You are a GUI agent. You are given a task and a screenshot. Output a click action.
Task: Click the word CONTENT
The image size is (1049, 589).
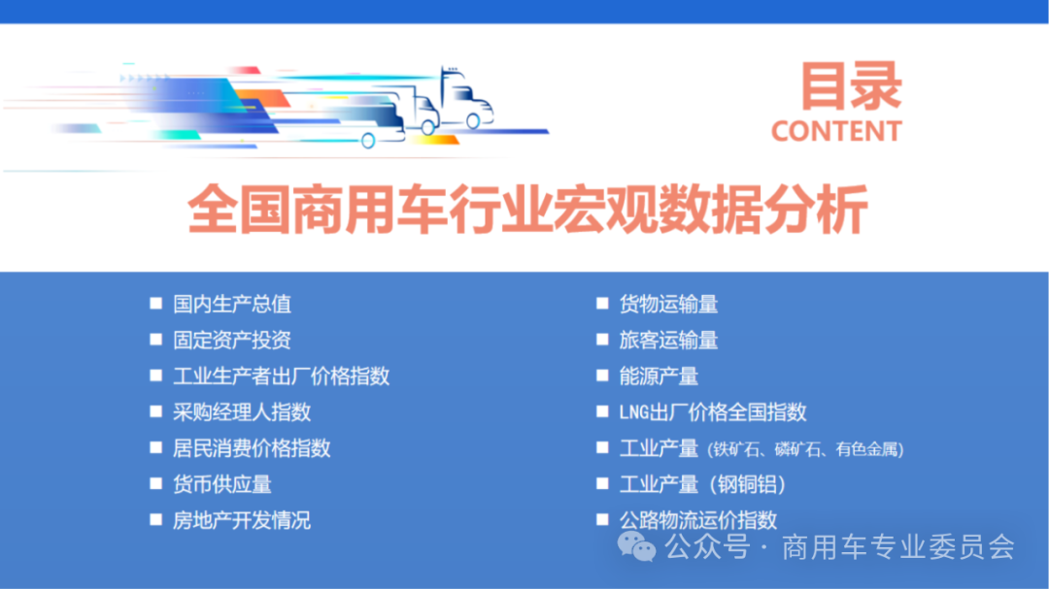836,131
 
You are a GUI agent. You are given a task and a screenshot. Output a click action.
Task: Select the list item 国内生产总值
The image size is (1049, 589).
232,304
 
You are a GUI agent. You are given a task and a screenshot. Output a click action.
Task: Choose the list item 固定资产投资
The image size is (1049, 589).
232,340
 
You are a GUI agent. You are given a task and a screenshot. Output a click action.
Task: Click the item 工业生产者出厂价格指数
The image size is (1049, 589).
281,376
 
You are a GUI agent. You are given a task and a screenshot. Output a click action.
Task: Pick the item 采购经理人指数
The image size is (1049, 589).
242,411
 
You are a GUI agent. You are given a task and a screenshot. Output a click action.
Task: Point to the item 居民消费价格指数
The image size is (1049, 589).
252,447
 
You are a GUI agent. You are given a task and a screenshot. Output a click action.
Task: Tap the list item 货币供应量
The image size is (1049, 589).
222,483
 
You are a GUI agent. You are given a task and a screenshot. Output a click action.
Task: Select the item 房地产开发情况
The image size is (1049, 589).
242,519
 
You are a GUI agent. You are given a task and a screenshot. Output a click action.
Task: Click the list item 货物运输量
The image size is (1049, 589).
668,304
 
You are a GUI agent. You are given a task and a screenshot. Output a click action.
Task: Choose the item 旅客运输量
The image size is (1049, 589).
668,340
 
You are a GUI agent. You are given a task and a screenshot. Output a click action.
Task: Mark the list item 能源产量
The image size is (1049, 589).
659,376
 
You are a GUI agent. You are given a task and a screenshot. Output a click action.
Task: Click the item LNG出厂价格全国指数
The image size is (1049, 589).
713,411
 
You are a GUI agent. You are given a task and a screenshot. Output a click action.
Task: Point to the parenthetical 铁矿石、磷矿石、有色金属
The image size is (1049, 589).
806,449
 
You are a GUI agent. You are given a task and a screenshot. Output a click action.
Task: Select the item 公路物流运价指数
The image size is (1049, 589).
698,519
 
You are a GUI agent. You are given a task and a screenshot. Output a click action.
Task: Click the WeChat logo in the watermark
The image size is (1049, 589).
637,548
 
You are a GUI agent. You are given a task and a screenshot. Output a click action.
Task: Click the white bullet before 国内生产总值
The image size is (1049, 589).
155,303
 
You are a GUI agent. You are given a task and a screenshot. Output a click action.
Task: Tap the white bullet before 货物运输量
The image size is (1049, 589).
602,303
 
